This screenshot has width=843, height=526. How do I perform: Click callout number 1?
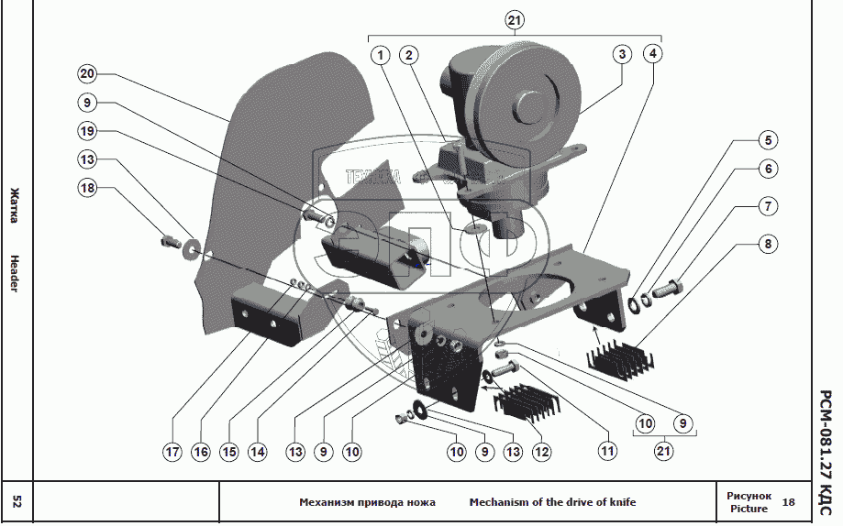381,55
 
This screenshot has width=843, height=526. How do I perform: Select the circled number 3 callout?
622,55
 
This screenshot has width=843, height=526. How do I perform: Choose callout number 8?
767,245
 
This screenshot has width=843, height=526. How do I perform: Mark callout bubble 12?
543,452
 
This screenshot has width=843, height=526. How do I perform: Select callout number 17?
172,452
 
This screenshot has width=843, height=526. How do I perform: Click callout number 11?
606,452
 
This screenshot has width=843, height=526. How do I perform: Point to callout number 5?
767,141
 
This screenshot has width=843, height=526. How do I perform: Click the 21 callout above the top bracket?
515,20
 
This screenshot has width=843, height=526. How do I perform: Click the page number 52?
17,501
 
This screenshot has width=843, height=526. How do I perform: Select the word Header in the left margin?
15,273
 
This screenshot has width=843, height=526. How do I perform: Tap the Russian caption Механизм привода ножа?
367,502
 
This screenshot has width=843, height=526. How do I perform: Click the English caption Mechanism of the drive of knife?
552,502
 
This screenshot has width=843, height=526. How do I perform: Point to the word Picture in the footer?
749,509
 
